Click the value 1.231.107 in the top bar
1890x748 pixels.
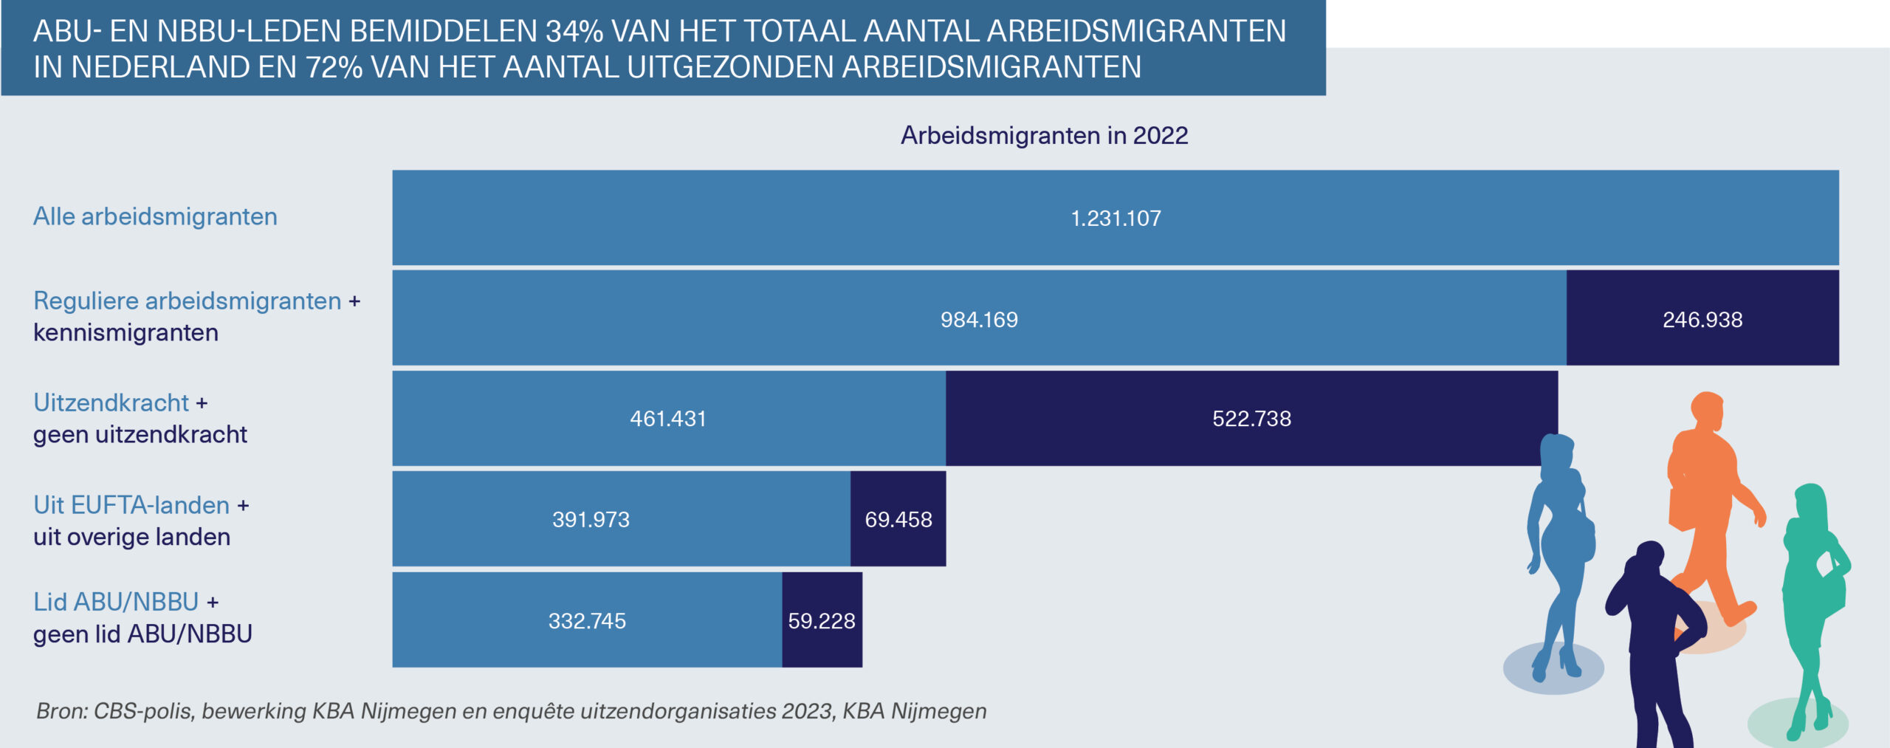point(1116,219)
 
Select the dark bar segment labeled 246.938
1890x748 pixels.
point(1702,319)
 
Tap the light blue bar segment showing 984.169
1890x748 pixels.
point(979,319)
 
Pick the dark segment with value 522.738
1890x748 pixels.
point(1251,419)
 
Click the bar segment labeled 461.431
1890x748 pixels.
point(668,419)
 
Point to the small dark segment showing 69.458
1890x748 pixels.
point(898,519)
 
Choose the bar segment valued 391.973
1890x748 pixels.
point(591,519)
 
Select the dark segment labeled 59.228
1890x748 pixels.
point(821,620)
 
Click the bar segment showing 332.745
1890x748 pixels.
point(587,620)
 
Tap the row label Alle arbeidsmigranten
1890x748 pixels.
point(155,216)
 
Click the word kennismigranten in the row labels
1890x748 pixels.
point(126,332)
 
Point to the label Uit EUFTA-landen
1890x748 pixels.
point(131,505)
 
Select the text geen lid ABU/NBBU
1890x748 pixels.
point(142,634)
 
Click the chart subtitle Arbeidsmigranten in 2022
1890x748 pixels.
point(1044,135)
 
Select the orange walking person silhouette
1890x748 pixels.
point(1705,502)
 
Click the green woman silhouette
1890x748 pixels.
point(1812,591)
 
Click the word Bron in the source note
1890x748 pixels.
point(61,710)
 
